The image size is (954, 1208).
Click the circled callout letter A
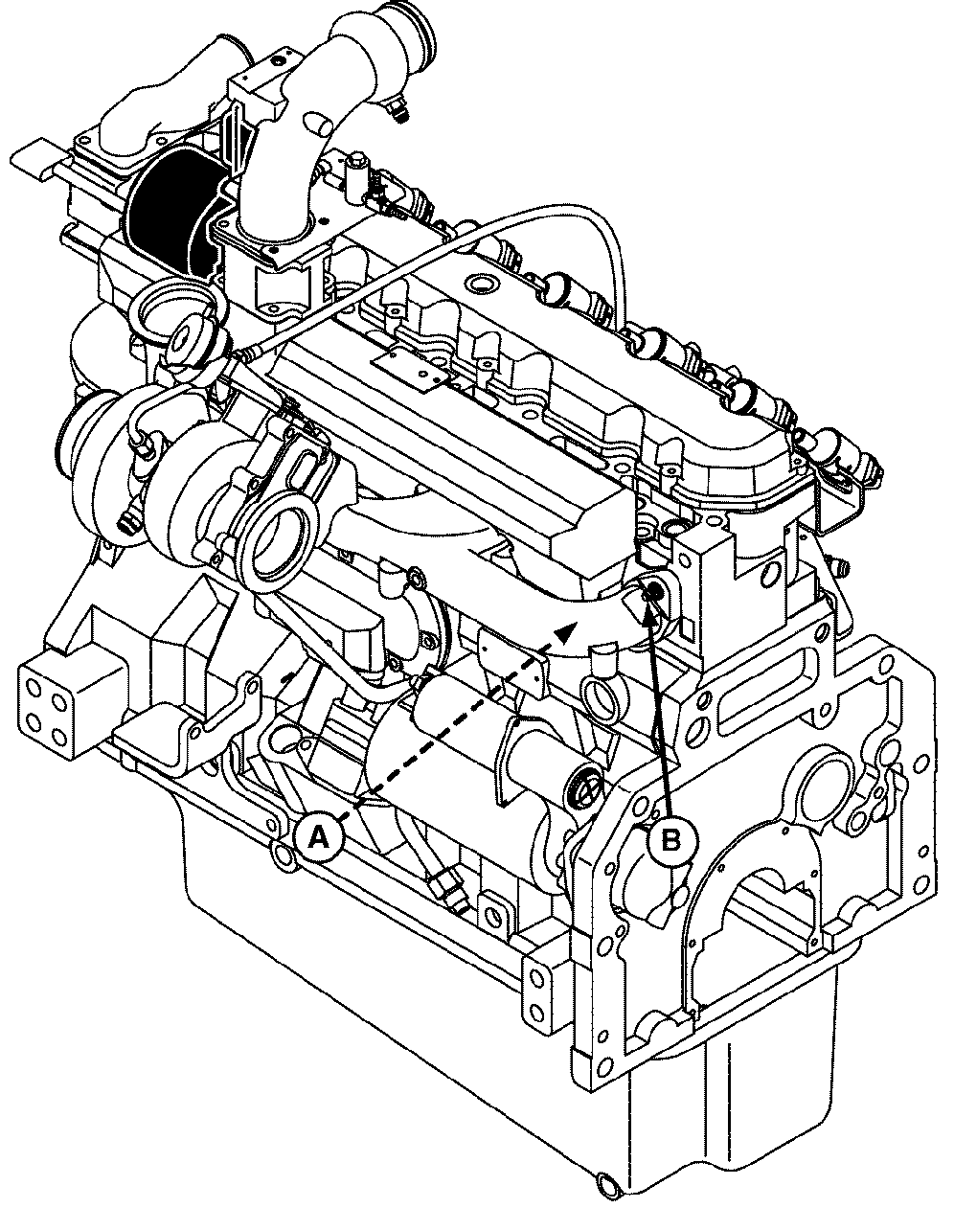pyautogui.click(x=320, y=836)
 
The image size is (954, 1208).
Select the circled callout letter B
pyautogui.click(x=671, y=840)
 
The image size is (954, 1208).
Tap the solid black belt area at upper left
pyautogui.click(x=173, y=212)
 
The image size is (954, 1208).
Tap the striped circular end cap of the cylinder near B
pyautogui.click(x=582, y=791)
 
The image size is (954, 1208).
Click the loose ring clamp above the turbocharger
pyautogui.click(x=178, y=319)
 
